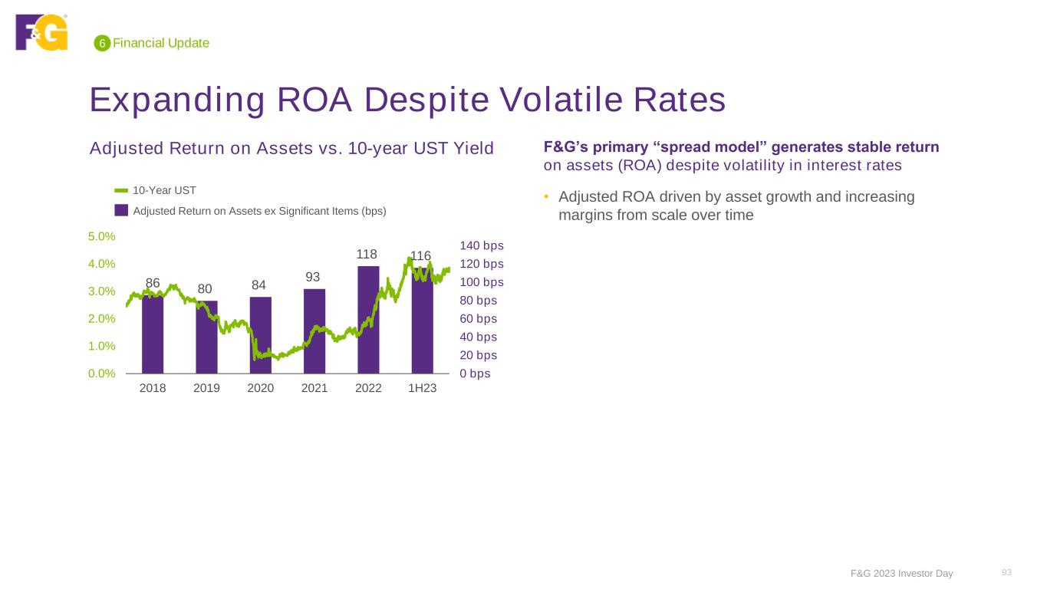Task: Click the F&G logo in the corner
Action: pyautogui.click(x=41, y=32)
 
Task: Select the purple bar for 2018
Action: pyautogui.click(x=153, y=337)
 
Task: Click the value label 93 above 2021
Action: pyautogui.click(x=313, y=276)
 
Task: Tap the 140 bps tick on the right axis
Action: pyautogui.click(x=482, y=245)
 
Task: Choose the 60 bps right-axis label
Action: pyautogui.click(x=479, y=318)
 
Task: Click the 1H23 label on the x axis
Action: pyautogui.click(x=422, y=389)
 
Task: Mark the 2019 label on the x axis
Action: pyautogui.click(x=206, y=389)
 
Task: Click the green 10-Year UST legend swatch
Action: pyautogui.click(x=121, y=190)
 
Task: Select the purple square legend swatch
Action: pyautogui.click(x=121, y=210)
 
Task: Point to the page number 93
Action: pyautogui.click(x=1007, y=572)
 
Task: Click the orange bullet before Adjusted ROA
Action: pyautogui.click(x=547, y=198)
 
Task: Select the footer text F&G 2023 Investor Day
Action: pyautogui.click(x=902, y=574)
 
